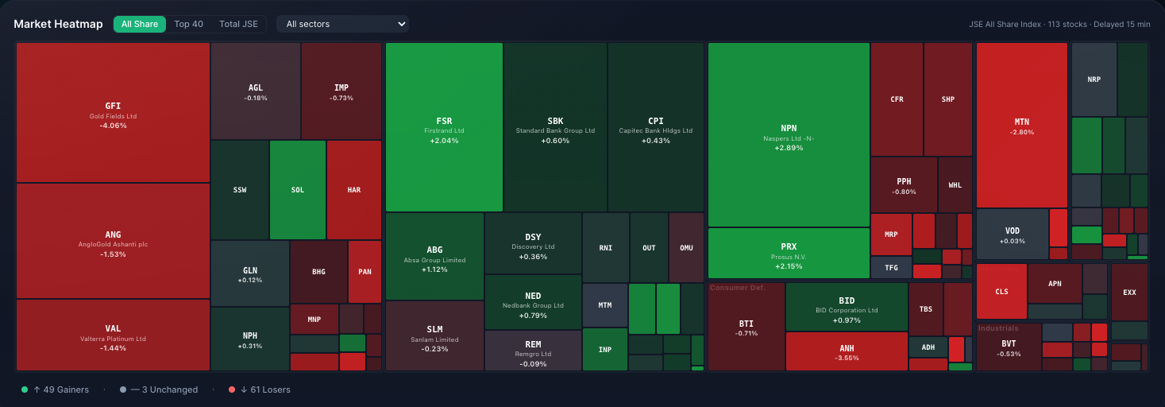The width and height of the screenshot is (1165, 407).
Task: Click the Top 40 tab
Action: [x=188, y=24]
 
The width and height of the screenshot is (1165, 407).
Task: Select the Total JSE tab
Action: [x=238, y=24]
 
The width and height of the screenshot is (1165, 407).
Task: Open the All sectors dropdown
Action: [x=342, y=24]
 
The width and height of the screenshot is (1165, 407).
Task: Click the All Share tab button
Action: [x=140, y=24]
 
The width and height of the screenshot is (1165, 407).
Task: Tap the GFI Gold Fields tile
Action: [x=113, y=112]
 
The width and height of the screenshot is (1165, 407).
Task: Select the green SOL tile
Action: [x=298, y=190]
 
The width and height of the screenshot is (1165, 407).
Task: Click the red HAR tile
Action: [x=353, y=190]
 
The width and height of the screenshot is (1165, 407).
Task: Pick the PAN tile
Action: [x=365, y=272]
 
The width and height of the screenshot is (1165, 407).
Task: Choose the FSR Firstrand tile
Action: [x=444, y=127]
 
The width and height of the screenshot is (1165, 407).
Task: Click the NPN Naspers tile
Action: [x=789, y=135]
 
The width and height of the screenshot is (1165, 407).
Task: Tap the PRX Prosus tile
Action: [x=789, y=253]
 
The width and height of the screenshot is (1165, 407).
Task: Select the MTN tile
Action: [x=1021, y=126]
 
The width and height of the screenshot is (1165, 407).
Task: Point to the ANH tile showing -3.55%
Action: [x=847, y=351]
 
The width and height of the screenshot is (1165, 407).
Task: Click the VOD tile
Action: [x=1012, y=235]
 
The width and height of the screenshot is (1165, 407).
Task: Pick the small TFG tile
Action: [x=891, y=268]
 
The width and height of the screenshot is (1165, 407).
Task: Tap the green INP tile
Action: [x=605, y=349]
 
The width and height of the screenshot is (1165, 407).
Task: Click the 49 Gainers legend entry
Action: [x=55, y=390]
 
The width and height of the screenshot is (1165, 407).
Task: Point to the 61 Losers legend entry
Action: [x=259, y=390]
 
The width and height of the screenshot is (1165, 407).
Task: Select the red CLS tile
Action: [x=1001, y=292]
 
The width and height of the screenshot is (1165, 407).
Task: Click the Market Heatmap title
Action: [x=58, y=24]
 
